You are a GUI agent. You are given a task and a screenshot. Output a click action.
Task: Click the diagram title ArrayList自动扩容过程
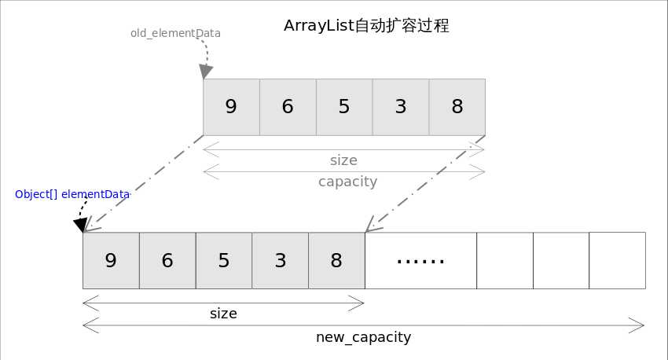366,26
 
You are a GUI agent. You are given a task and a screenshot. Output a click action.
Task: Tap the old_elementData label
175,33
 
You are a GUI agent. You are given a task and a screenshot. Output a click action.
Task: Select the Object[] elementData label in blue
72,194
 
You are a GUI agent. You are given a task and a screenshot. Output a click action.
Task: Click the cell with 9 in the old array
231,107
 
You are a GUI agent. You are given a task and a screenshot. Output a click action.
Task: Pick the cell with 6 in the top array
288,107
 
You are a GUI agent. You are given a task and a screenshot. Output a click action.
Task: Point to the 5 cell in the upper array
344,107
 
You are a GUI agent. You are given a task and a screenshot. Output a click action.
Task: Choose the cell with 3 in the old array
401,107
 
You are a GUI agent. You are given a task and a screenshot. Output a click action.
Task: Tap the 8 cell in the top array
457,107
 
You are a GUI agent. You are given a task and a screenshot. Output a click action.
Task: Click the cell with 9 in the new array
111,261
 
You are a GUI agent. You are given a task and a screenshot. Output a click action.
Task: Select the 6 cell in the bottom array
168,261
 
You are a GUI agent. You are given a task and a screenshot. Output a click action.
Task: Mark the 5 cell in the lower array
224,261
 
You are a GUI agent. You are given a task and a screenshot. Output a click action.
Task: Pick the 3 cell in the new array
281,261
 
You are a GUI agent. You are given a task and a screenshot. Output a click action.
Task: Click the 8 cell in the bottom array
337,261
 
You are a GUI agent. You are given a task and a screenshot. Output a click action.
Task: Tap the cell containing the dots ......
421,261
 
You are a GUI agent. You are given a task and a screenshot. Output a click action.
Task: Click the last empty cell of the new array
617,261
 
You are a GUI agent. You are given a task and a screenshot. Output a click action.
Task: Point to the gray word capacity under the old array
347,182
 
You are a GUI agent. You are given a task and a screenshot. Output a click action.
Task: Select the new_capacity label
363,337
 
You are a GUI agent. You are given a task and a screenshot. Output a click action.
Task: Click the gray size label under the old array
343,160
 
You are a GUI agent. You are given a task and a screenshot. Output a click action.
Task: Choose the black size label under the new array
223,314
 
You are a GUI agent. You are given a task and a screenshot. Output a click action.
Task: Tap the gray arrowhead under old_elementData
206,72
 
